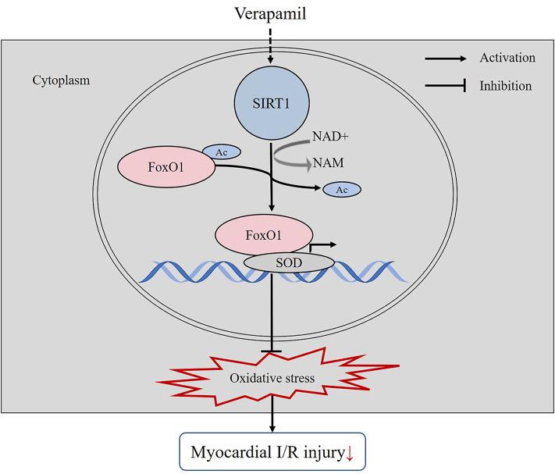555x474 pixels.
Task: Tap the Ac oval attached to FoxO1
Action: coord(222,150)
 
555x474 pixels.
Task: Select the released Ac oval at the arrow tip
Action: coord(341,189)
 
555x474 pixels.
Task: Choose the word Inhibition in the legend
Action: coord(506,86)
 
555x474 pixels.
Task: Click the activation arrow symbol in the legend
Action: coord(444,58)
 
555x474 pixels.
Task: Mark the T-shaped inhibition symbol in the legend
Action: coord(444,86)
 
